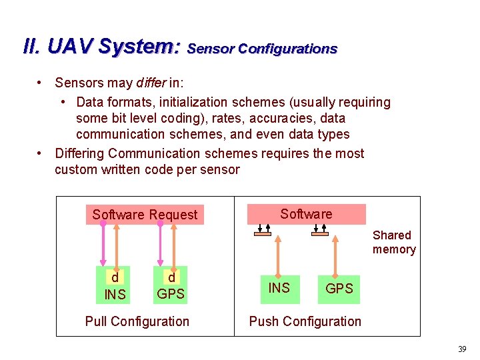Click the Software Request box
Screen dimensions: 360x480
(x=145, y=215)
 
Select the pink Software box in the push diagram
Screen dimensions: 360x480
(x=306, y=214)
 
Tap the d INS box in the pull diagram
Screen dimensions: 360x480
(x=115, y=286)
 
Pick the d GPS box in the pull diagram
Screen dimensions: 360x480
(x=171, y=286)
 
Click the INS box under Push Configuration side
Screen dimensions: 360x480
(x=279, y=288)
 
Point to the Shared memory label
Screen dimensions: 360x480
(x=393, y=243)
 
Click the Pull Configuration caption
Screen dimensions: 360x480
(x=137, y=321)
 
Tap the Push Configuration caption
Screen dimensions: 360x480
(x=305, y=321)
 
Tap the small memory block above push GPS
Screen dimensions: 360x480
(x=320, y=233)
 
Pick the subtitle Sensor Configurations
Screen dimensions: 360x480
(x=263, y=49)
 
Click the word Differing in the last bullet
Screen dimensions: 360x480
(x=80, y=153)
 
